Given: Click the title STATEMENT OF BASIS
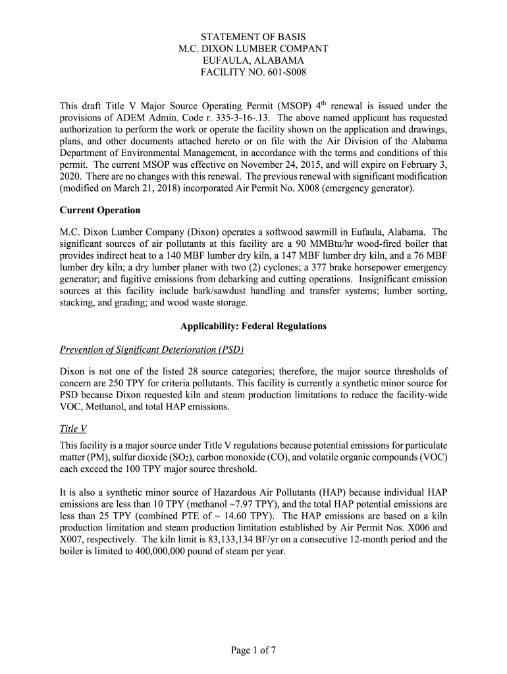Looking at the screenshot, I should coord(254,37).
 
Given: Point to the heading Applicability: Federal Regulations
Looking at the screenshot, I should coord(254,326).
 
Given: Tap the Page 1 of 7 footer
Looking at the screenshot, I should coord(254,651).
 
